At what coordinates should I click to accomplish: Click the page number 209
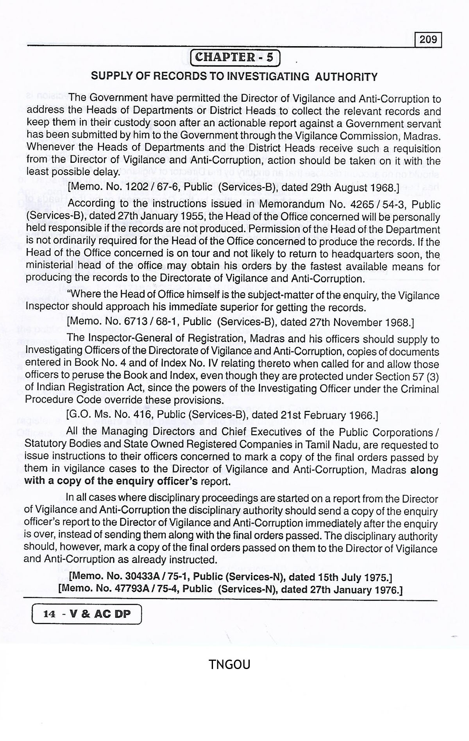click(x=428, y=40)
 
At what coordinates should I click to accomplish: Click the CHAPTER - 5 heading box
click(x=234, y=58)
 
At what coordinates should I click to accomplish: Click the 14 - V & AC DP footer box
click(x=86, y=614)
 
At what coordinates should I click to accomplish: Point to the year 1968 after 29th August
click(x=385, y=188)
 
